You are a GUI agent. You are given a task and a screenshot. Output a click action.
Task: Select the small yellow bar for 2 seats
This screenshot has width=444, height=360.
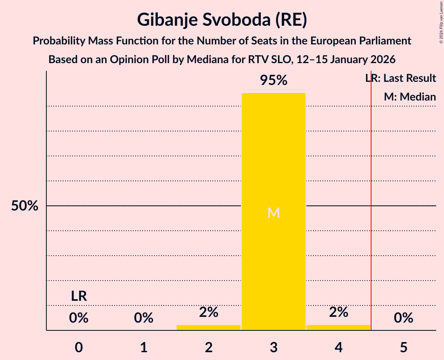pyautogui.click(x=209, y=327)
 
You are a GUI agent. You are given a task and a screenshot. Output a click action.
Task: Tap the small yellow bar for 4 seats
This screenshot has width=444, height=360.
pyautogui.click(x=338, y=327)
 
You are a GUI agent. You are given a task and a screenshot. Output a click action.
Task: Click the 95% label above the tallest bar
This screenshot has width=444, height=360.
pyautogui.click(x=274, y=81)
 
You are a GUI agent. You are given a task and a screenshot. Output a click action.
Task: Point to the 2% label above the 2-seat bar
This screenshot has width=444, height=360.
pyautogui.click(x=209, y=312)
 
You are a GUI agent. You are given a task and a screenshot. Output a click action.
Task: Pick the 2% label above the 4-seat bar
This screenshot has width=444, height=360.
pyautogui.click(x=338, y=312)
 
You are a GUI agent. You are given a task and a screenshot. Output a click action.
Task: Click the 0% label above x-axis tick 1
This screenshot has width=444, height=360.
pyautogui.click(x=143, y=318)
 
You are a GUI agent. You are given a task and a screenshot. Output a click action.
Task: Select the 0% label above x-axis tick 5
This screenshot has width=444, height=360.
pyautogui.click(x=403, y=318)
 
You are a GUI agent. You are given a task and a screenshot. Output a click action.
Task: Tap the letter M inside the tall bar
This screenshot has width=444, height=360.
pyautogui.click(x=274, y=213)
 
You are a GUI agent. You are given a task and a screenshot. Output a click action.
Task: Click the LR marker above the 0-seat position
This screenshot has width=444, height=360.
pyautogui.click(x=79, y=296)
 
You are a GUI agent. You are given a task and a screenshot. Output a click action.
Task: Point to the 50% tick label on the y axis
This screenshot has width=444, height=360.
pyautogui.click(x=25, y=206)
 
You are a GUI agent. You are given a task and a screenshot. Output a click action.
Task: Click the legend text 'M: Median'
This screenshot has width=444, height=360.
pyautogui.click(x=410, y=97)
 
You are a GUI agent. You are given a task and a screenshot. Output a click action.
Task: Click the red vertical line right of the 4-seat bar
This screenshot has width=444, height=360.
pyautogui.click(x=371, y=234)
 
